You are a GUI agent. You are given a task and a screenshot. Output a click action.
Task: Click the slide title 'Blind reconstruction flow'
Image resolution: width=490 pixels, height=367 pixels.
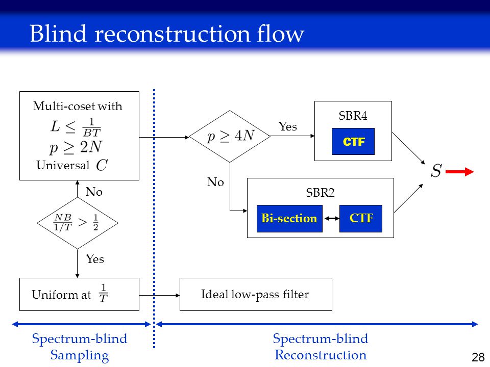pyautogui.click(x=167, y=34)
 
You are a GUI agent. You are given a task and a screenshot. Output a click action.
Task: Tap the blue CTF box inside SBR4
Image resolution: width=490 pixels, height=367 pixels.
pyautogui.click(x=353, y=141)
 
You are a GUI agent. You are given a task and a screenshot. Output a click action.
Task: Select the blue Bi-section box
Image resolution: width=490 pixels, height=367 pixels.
pyautogui.click(x=289, y=219)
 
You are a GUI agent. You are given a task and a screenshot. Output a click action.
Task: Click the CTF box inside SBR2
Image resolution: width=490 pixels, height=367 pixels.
pyautogui.click(x=361, y=219)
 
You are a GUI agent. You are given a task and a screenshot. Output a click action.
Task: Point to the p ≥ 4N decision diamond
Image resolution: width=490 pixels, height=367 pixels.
pyautogui.click(x=230, y=137)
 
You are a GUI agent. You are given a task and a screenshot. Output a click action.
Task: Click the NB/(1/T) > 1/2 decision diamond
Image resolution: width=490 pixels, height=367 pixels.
pyautogui.click(x=77, y=223)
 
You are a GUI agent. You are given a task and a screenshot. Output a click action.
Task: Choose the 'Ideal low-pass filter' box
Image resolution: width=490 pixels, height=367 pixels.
pyautogui.click(x=256, y=294)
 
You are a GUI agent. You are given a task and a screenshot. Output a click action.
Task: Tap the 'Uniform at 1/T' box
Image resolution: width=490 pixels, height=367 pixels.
pyautogui.click(x=79, y=294)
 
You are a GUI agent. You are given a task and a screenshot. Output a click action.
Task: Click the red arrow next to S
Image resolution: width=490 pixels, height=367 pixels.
pyautogui.click(x=459, y=172)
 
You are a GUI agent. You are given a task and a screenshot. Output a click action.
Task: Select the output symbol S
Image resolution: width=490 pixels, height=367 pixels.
pyautogui.click(x=436, y=171)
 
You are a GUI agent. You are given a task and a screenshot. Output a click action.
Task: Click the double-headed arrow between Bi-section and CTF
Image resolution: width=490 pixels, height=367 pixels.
pyautogui.click(x=331, y=219)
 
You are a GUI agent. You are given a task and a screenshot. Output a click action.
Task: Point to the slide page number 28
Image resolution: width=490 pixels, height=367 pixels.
pyautogui.click(x=478, y=357)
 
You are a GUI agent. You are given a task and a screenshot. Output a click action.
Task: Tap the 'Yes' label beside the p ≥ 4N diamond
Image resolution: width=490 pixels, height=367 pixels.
pyautogui.click(x=288, y=127)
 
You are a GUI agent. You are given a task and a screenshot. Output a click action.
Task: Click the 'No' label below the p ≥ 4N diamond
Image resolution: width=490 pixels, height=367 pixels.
pyautogui.click(x=215, y=182)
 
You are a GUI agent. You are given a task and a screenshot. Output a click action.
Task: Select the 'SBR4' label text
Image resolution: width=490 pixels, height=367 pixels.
pyautogui.click(x=353, y=116)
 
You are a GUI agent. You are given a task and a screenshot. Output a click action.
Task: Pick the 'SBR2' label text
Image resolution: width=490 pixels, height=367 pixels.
pyautogui.click(x=321, y=193)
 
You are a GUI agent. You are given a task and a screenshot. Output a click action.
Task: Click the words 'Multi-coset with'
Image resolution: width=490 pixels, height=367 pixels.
pyautogui.click(x=78, y=106)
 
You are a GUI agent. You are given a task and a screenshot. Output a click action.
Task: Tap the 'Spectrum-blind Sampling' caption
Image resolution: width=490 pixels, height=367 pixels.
pyautogui.click(x=80, y=347)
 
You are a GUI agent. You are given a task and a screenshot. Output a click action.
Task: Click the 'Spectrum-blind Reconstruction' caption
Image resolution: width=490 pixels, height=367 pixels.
pyautogui.click(x=321, y=347)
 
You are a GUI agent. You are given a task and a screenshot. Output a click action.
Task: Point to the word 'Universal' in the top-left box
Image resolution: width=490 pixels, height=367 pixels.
pyautogui.click(x=63, y=165)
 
